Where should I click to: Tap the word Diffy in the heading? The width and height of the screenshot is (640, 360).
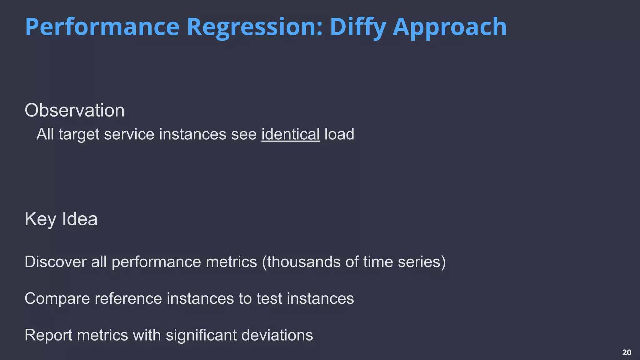point(358,27)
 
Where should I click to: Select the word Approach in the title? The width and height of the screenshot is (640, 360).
point(449,27)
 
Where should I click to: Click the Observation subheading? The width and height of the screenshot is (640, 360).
point(74,110)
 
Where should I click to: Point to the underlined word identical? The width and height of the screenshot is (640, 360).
point(290,134)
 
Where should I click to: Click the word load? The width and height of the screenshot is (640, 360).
point(339,134)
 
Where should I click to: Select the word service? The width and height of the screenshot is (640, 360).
point(129,134)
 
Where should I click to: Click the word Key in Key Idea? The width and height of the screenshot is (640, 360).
point(40,219)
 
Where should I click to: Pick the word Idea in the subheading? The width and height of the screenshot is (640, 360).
point(80,219)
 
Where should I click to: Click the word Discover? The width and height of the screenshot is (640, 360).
point(55,262)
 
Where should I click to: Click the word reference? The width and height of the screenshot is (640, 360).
point(128,298)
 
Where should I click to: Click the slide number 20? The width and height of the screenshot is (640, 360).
point(627,352)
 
